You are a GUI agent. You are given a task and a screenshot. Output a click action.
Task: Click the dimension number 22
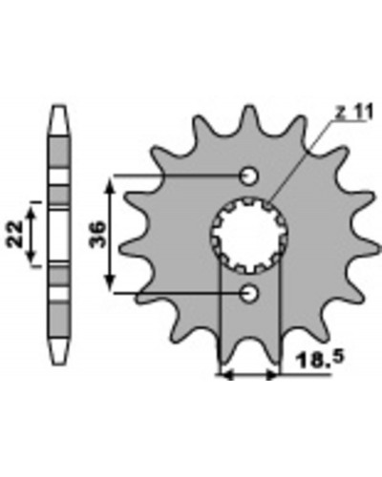tap(15, 234)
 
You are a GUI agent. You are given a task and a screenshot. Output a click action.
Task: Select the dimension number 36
tap(97, 234)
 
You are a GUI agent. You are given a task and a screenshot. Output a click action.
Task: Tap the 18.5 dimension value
tap(320, 360)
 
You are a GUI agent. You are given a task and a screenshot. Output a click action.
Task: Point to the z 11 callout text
tap(353, 114)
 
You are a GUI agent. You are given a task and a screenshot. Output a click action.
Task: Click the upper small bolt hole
tap(248, 176)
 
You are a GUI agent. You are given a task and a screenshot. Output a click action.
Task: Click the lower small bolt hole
tap(248, 293)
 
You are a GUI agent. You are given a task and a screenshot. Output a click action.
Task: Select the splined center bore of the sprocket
tap(250, 236)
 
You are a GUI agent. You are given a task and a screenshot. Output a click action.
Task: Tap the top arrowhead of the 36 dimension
tap(109, 184)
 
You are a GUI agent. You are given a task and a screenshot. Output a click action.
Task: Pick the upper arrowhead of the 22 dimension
tap(31, 213)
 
